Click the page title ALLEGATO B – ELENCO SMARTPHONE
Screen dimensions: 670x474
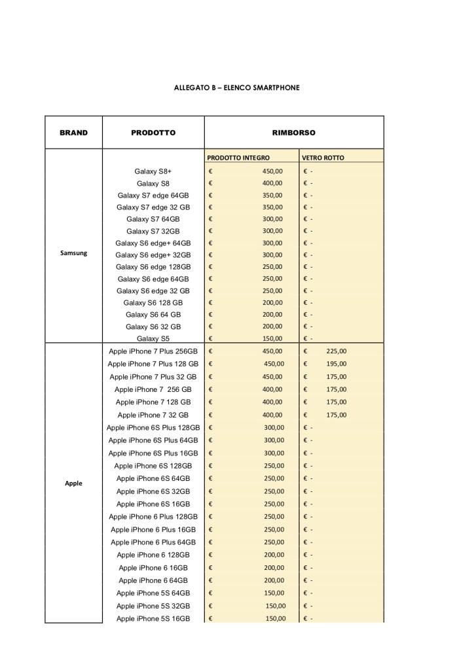237,87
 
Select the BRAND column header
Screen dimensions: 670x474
73,132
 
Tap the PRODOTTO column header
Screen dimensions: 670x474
153,132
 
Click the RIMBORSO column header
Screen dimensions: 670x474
293,132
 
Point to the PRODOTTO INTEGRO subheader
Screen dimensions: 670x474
238,158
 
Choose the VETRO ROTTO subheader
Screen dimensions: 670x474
323,158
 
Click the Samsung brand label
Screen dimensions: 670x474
73,253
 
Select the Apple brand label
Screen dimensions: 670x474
73,484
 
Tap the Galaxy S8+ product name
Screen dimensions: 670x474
153,171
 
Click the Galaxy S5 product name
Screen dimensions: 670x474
153,338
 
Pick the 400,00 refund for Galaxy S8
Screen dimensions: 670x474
272,183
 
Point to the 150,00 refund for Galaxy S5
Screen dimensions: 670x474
272,338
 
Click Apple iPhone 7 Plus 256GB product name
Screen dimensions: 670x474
153,351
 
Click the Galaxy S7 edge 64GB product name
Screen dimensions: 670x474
153,195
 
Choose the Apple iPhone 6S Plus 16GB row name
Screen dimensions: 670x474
153,453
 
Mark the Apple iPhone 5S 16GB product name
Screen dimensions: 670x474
153,618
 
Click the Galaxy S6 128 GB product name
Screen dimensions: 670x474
153,302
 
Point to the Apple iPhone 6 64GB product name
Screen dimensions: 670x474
153,580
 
